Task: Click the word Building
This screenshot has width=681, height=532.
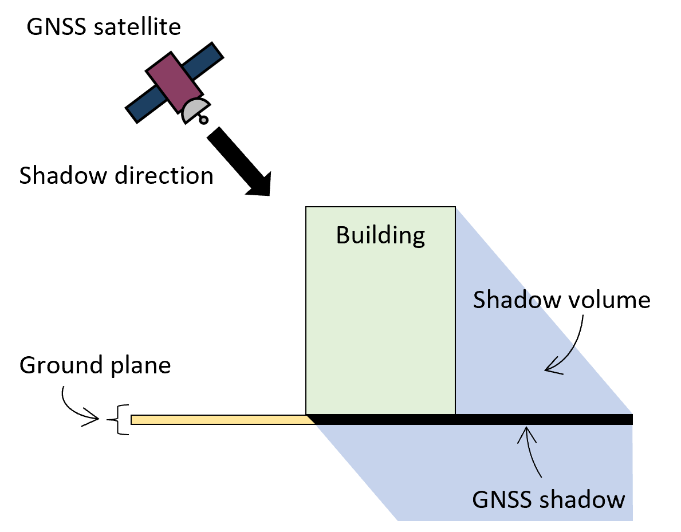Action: point(380,235)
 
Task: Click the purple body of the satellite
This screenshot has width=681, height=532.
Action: point(174,82)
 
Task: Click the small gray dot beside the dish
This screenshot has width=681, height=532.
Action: point(203,120)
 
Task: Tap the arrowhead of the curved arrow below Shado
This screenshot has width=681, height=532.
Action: point(550,369)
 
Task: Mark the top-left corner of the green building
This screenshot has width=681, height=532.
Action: point(307,208)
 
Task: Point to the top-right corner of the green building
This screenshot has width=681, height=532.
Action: point(455,208)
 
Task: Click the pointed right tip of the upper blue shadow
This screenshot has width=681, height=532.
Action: point(631,413)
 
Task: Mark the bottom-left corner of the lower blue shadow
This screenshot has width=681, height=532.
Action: point(398,520)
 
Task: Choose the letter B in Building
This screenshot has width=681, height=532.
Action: point(343,235)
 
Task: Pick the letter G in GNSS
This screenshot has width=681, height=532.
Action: point(480,499)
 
